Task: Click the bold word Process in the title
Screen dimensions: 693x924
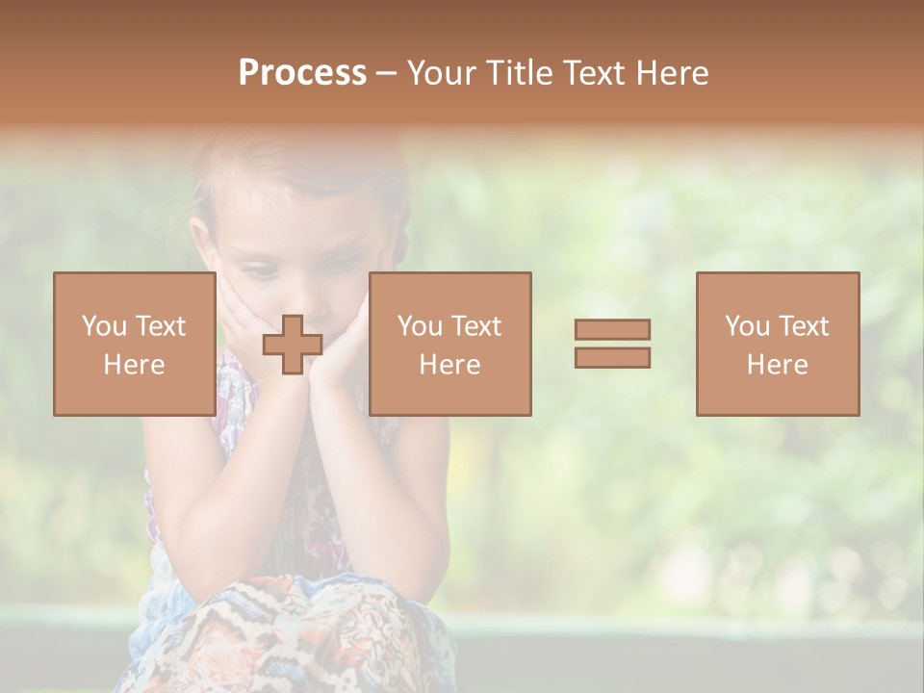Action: (302, 73)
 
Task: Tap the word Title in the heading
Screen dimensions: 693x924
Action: (523, 73)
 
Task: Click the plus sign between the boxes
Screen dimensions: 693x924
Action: (293, 345)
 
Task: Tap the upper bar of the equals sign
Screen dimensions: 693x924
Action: (612, 329)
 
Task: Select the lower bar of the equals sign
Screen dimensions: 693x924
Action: (612, 358)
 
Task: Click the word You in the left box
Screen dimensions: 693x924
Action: (103, 326)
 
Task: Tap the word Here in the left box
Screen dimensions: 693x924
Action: (134, 365)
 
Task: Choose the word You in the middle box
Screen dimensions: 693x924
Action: (419, 326)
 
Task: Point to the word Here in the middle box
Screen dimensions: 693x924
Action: (449, 365)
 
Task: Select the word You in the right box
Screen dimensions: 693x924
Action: (746, 326)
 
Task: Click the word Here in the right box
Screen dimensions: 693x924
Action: (777, 365)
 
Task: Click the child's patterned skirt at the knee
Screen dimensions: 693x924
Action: (289, 626)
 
